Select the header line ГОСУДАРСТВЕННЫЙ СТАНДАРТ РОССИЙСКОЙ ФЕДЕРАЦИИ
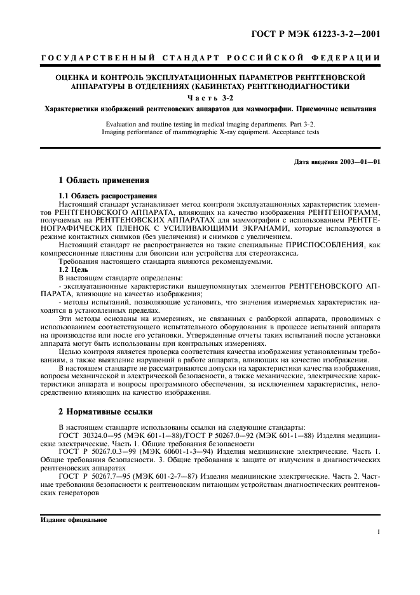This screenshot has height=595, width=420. [x=210, y=58]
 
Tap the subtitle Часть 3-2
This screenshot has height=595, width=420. [x=210, y=97]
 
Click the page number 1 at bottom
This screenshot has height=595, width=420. [x=379, y=534]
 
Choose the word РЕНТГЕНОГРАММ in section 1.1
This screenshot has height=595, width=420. [x=345, y=211]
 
